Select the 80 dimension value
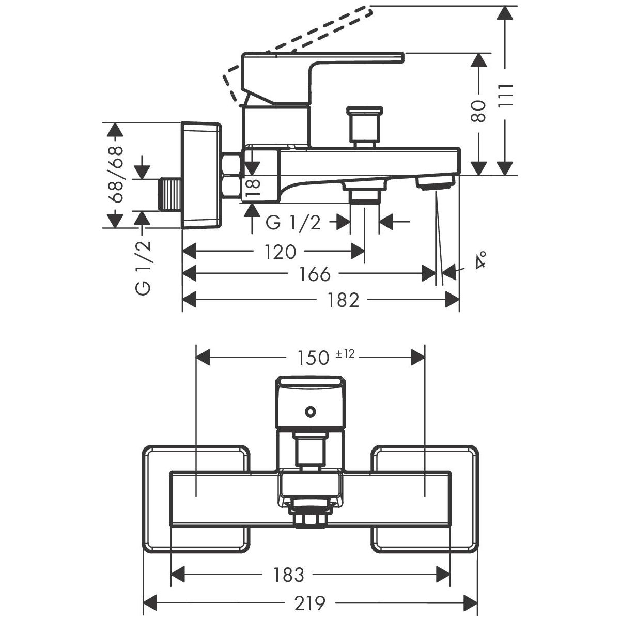pyautogui.click(x=479, y=111)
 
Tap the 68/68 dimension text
pyautogui.click(x=117, y=174)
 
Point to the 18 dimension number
pyautogui.click(x=252, y=186)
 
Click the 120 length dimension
pyautogui.click(x=280, y=252)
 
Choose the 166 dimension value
pyautogui.click(x=314, y=274)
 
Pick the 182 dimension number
pyautogui.click(x=343, y=300)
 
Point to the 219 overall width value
pyautogui.click(x=309, y=602)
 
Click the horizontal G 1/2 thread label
pyautogui.click(x=293, y=223)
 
